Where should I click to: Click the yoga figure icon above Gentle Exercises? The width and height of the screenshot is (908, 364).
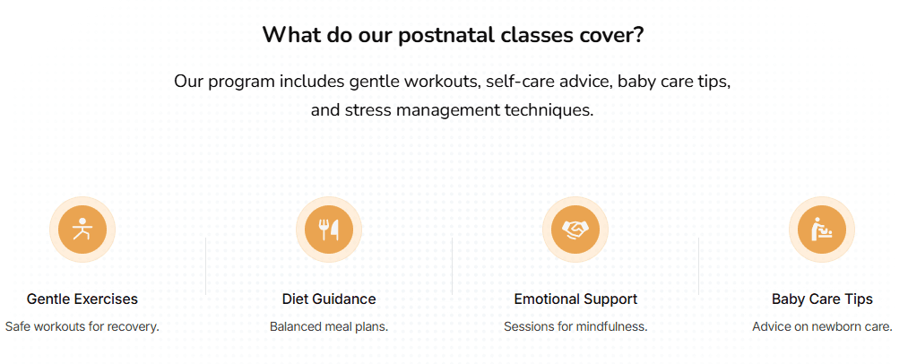82,230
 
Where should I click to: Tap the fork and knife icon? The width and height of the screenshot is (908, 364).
329,230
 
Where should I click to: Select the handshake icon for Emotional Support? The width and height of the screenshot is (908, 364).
575,230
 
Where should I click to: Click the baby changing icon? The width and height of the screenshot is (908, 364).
821,230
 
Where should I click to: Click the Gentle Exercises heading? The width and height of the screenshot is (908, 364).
82,299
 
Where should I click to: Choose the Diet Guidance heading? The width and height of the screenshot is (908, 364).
329,299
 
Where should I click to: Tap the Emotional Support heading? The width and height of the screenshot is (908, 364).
575,299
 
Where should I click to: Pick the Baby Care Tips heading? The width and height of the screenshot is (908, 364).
822,299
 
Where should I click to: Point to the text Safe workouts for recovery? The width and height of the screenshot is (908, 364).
82,326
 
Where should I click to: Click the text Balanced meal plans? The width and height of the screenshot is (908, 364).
329,326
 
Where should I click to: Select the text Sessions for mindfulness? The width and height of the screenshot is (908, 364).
575,326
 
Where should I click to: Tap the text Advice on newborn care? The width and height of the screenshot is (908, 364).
822,326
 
